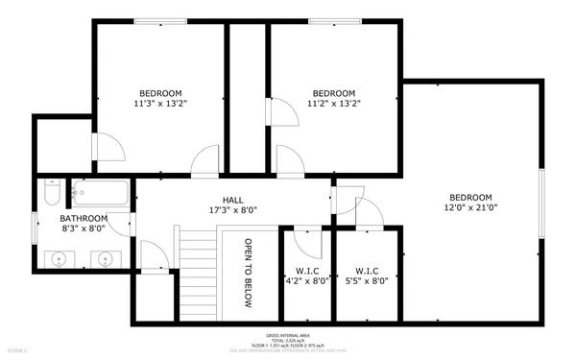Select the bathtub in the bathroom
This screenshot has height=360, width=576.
coord(100,193)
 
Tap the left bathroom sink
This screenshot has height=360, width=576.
coord(60,258)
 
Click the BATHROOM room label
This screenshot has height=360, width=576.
coord(84,219)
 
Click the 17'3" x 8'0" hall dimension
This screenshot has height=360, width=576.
coord(232,209)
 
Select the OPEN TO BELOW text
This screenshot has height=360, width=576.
coord(248,274)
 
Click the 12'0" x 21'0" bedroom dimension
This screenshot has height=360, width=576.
coord(470,206)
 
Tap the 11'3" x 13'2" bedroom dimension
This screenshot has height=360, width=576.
coord(159,104)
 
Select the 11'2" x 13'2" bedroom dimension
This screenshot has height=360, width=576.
coord(333,104)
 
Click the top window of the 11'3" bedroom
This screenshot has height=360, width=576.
coord(160,21)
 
